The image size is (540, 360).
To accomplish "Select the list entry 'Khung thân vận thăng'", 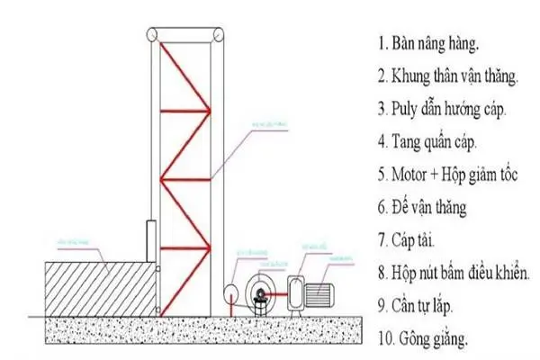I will pyautogui.click(x=454, y=76).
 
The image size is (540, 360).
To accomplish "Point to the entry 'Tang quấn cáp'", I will pyautogui.click(x=434, y=141).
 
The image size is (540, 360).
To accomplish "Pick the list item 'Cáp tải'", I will pyautogui.click(x=418, y=240).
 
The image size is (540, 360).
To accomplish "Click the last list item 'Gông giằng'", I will pyautogui.click(x=428, y=339).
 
